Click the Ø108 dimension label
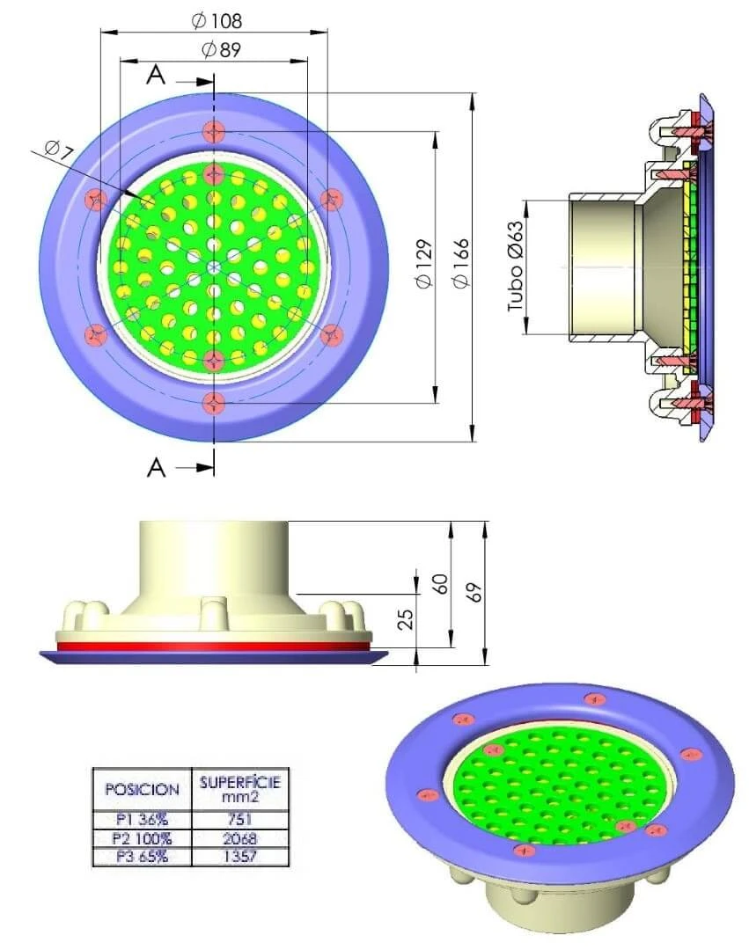[x=217, y=21]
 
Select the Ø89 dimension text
[x=221, y=49]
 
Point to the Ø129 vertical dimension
[x=425, y=264]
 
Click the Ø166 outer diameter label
[x=461, y=264]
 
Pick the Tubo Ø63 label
[x=515, y=267]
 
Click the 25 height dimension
[x=407, y=617]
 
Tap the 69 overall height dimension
[x=475, y=592]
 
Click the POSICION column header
[x=143, y=789]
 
